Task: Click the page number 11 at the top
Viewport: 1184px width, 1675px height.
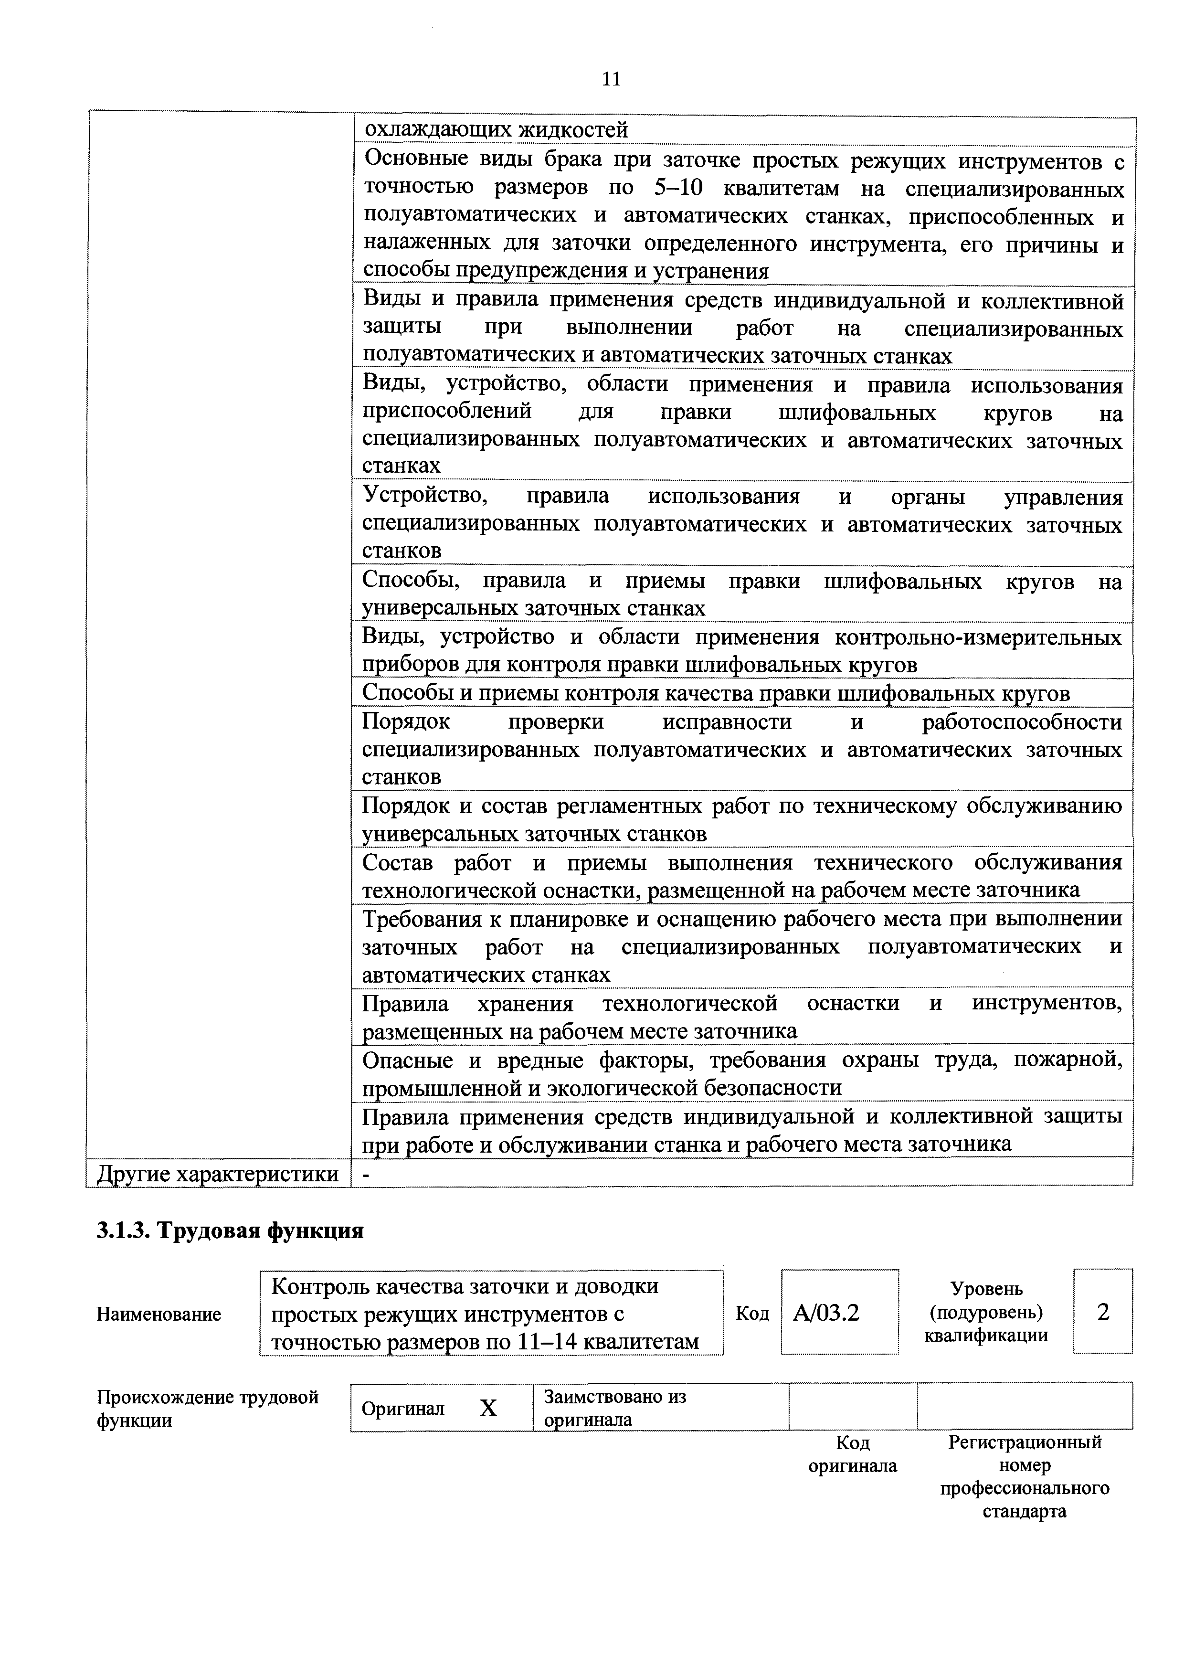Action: coord(611,79)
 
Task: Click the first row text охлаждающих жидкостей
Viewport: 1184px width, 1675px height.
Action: coord(496,130)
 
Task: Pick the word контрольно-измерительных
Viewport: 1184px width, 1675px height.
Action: coord(978,637)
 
